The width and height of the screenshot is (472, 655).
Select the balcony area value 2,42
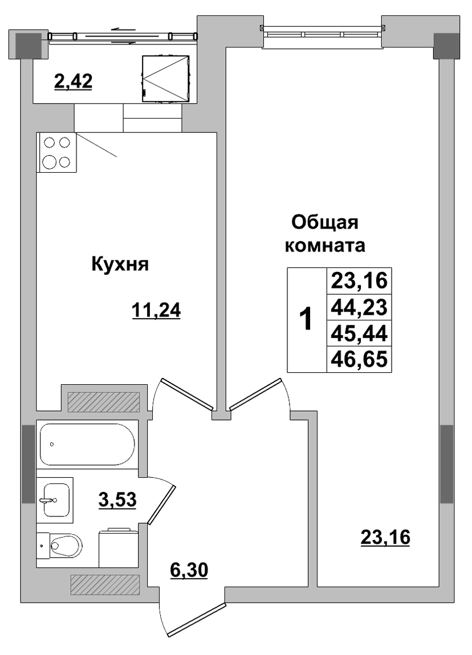click(73, 81)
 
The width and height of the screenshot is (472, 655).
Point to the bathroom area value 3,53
click(117, 499)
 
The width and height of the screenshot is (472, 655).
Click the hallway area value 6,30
click(189, 570)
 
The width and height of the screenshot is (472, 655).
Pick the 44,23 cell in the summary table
click(359, 308)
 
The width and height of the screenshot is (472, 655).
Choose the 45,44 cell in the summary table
click(359, 333)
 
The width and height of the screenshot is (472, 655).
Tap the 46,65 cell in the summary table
click(359, 359)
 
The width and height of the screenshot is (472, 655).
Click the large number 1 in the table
click(307, 319)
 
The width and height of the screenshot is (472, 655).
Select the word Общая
click(325, 223)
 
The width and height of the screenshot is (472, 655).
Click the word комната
click(325, 246)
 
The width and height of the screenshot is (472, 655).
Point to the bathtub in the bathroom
click(87, 444)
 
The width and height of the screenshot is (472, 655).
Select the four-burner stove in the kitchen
click(56, 152)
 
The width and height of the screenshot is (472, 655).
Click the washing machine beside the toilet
click(118, 548)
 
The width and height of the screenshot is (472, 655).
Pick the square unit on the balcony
click(166, 79)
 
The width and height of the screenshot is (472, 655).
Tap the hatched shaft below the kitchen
click(103, 402)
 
